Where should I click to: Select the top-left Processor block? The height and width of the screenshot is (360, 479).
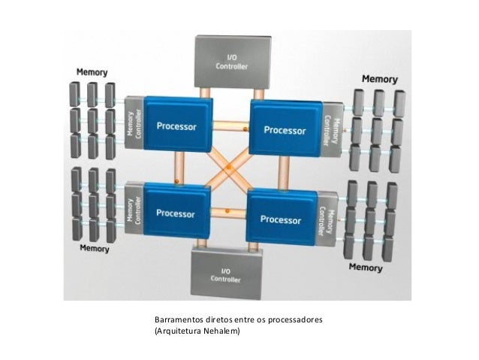(x=176, y=124)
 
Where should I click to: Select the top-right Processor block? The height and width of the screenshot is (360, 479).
(x=285, y=129)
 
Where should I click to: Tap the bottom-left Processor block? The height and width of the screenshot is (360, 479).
(x=176, y=211)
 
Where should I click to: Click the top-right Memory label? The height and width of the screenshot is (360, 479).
(x=381, y=79)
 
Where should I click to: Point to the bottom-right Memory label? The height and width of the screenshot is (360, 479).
(x=365, y=267)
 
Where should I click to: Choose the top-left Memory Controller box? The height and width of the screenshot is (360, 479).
(x=134, y=123)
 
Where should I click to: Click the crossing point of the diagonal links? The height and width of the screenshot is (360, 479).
(x=230, y=170)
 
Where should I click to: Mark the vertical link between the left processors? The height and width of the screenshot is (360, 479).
(x=180, y=167)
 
